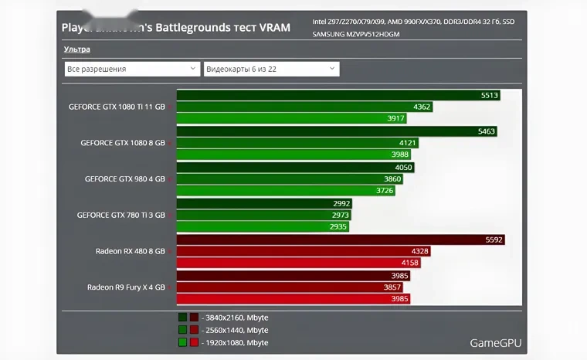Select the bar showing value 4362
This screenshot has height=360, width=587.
tap(304, 107)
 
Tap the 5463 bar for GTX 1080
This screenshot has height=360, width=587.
tap(337, 131)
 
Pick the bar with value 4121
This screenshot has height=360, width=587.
tap(297, 143)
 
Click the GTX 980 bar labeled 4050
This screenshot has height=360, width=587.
tap(295, 167)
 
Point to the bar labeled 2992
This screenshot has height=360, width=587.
tap(264, 203)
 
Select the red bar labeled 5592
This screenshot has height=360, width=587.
tap(340, 239)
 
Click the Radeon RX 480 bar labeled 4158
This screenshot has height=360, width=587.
tap(299, 263)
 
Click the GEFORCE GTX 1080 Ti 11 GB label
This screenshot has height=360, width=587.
tap(117, 107)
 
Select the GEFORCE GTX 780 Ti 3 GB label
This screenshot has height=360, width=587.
tap(121, 215)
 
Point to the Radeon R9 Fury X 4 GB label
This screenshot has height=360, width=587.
tap(126, 287)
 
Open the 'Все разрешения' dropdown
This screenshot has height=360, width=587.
tap(132, 69)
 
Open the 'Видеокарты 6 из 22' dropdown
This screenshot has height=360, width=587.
tap(270, 69)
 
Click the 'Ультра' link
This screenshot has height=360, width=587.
tap(76, 49)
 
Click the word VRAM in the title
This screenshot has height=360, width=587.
tap(275, 28)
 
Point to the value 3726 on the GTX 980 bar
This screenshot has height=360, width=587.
tap(385, 191)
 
